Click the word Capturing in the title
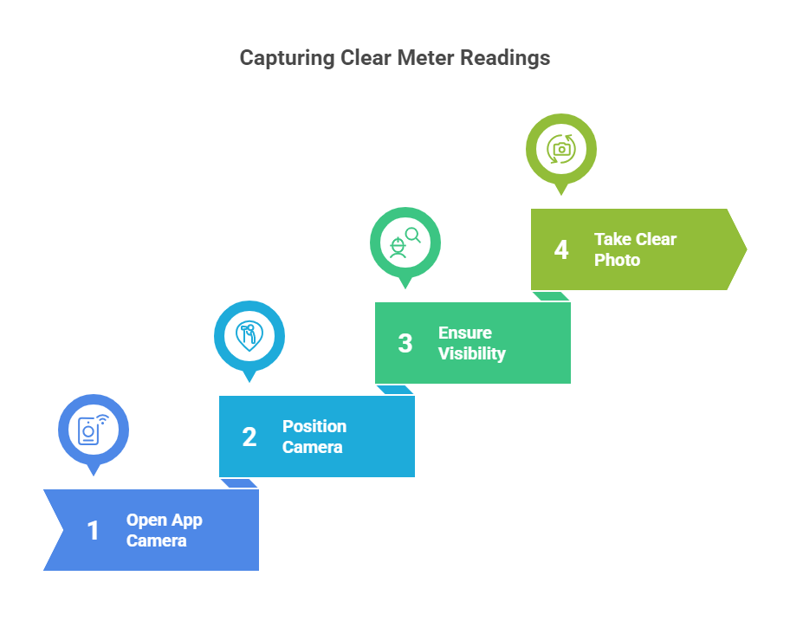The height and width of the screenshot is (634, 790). [287, 58]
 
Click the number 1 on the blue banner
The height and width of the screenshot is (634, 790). [93, 531]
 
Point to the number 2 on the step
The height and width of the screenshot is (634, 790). [249, 437]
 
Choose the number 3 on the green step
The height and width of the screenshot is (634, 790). [405, 344]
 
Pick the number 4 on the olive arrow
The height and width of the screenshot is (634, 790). [561, 249]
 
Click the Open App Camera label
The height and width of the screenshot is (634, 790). [165, 530]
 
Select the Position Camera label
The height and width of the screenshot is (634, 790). [314, 437]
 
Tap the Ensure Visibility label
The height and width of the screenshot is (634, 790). [472, 344]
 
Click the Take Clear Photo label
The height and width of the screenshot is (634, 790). [635, 249]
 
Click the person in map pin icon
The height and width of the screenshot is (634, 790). [249, 336]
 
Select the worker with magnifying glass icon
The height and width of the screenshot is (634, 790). [405, 243]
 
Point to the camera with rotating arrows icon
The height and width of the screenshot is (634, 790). [561, 149]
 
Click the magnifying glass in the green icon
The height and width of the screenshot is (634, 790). [413, 236]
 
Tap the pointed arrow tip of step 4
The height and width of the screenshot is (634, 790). [746, 249]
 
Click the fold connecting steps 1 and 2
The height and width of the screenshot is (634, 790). [239, 483]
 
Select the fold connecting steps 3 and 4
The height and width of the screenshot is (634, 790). [551, 296]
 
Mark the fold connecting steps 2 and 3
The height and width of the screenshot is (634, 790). [395, 390]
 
